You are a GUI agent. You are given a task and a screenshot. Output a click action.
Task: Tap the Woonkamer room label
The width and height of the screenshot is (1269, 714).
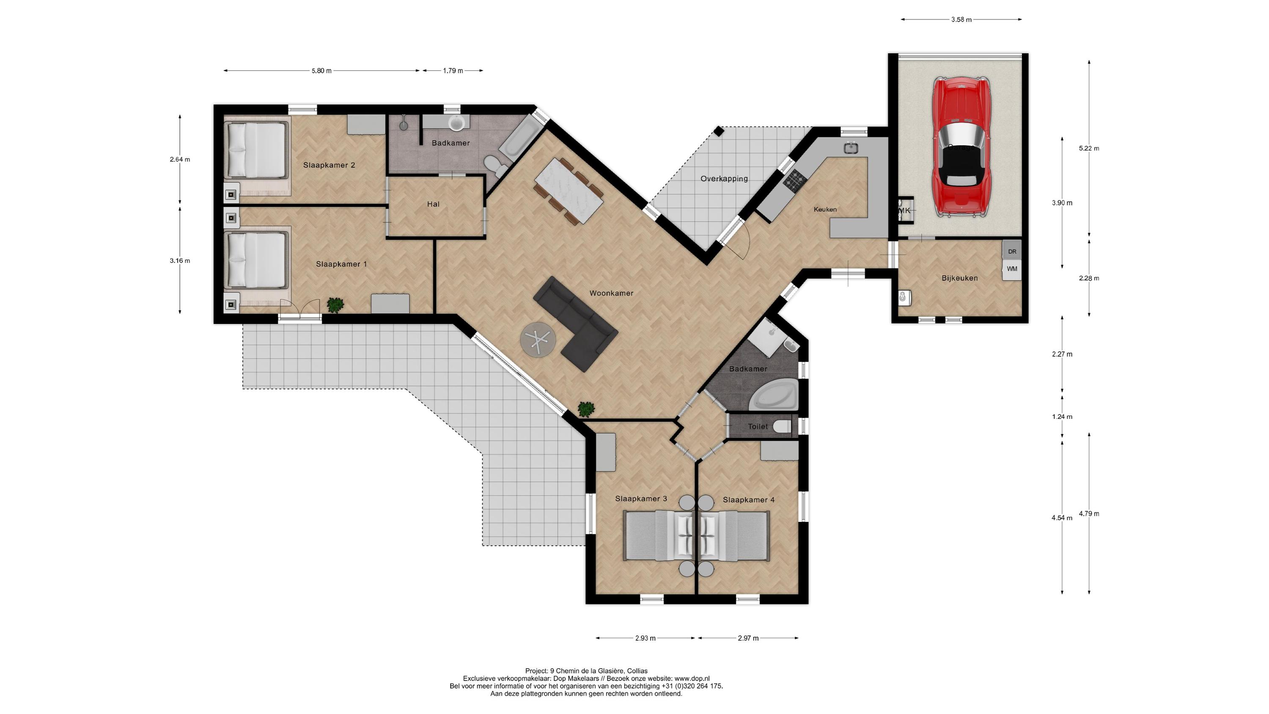(x=611, y=293)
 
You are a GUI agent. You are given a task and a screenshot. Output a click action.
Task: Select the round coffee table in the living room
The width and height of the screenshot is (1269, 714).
(x=538, y=340)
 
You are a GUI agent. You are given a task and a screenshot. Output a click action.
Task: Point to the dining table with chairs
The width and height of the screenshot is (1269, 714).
(x=569, y=190)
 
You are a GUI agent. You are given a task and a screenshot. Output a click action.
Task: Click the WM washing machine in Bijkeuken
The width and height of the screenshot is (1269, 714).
(x=1012, y=269)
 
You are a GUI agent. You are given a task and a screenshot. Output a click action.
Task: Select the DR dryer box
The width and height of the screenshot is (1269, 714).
(x=1012, y=251)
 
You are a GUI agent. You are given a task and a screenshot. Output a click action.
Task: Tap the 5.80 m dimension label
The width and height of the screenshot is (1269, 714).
(x=321, y=71)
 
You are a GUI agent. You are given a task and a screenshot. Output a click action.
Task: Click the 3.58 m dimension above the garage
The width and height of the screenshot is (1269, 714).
(x=961, y=20)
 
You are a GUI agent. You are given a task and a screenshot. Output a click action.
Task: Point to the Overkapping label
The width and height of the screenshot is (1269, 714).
(x=724, y=179)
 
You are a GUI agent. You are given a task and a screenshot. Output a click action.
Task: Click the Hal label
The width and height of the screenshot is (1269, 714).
(x=433, y=204)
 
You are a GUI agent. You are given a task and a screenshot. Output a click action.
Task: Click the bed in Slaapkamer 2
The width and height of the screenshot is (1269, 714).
(x=256, y=150)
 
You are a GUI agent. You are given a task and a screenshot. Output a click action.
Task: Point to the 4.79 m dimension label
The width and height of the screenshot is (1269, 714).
(x=1089, y=514)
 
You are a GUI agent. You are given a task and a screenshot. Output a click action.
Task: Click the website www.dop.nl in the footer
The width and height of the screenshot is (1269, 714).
(x=692, y=678)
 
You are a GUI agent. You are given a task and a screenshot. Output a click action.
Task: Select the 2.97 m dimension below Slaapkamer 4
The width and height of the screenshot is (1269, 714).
(x=748, y=638)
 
